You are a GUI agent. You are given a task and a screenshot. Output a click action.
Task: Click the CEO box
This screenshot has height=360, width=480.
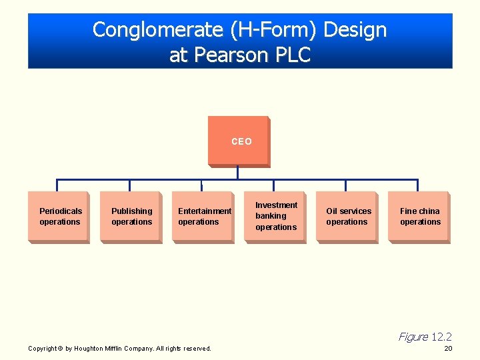pos(238,141)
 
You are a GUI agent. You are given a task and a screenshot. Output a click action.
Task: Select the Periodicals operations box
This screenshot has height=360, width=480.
pos(59,217)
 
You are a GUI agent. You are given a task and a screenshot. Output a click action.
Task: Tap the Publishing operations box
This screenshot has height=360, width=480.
pos(131,217)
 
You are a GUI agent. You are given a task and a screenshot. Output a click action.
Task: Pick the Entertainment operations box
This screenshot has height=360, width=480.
pos(203,217)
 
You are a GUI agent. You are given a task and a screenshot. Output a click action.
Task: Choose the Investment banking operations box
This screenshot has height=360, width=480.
pos(275,217)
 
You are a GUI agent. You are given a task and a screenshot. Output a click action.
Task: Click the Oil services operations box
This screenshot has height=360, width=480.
pos(347,217)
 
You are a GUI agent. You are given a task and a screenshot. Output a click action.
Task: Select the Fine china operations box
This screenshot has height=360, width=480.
pos(419,217)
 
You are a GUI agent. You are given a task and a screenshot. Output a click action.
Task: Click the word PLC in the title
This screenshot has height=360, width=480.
pos(295,55)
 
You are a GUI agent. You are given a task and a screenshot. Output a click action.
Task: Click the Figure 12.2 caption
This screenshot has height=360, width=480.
pos(425,337)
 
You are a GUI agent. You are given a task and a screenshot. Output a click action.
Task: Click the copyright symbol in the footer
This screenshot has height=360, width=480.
pos(61,348)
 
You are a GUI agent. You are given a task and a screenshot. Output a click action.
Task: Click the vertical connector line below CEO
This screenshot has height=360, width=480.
pos(237,172)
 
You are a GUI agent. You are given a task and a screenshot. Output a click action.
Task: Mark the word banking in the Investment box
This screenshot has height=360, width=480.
pos(271,216)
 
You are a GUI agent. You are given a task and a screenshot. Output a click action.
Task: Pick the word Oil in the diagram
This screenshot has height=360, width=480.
pos(332,211)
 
